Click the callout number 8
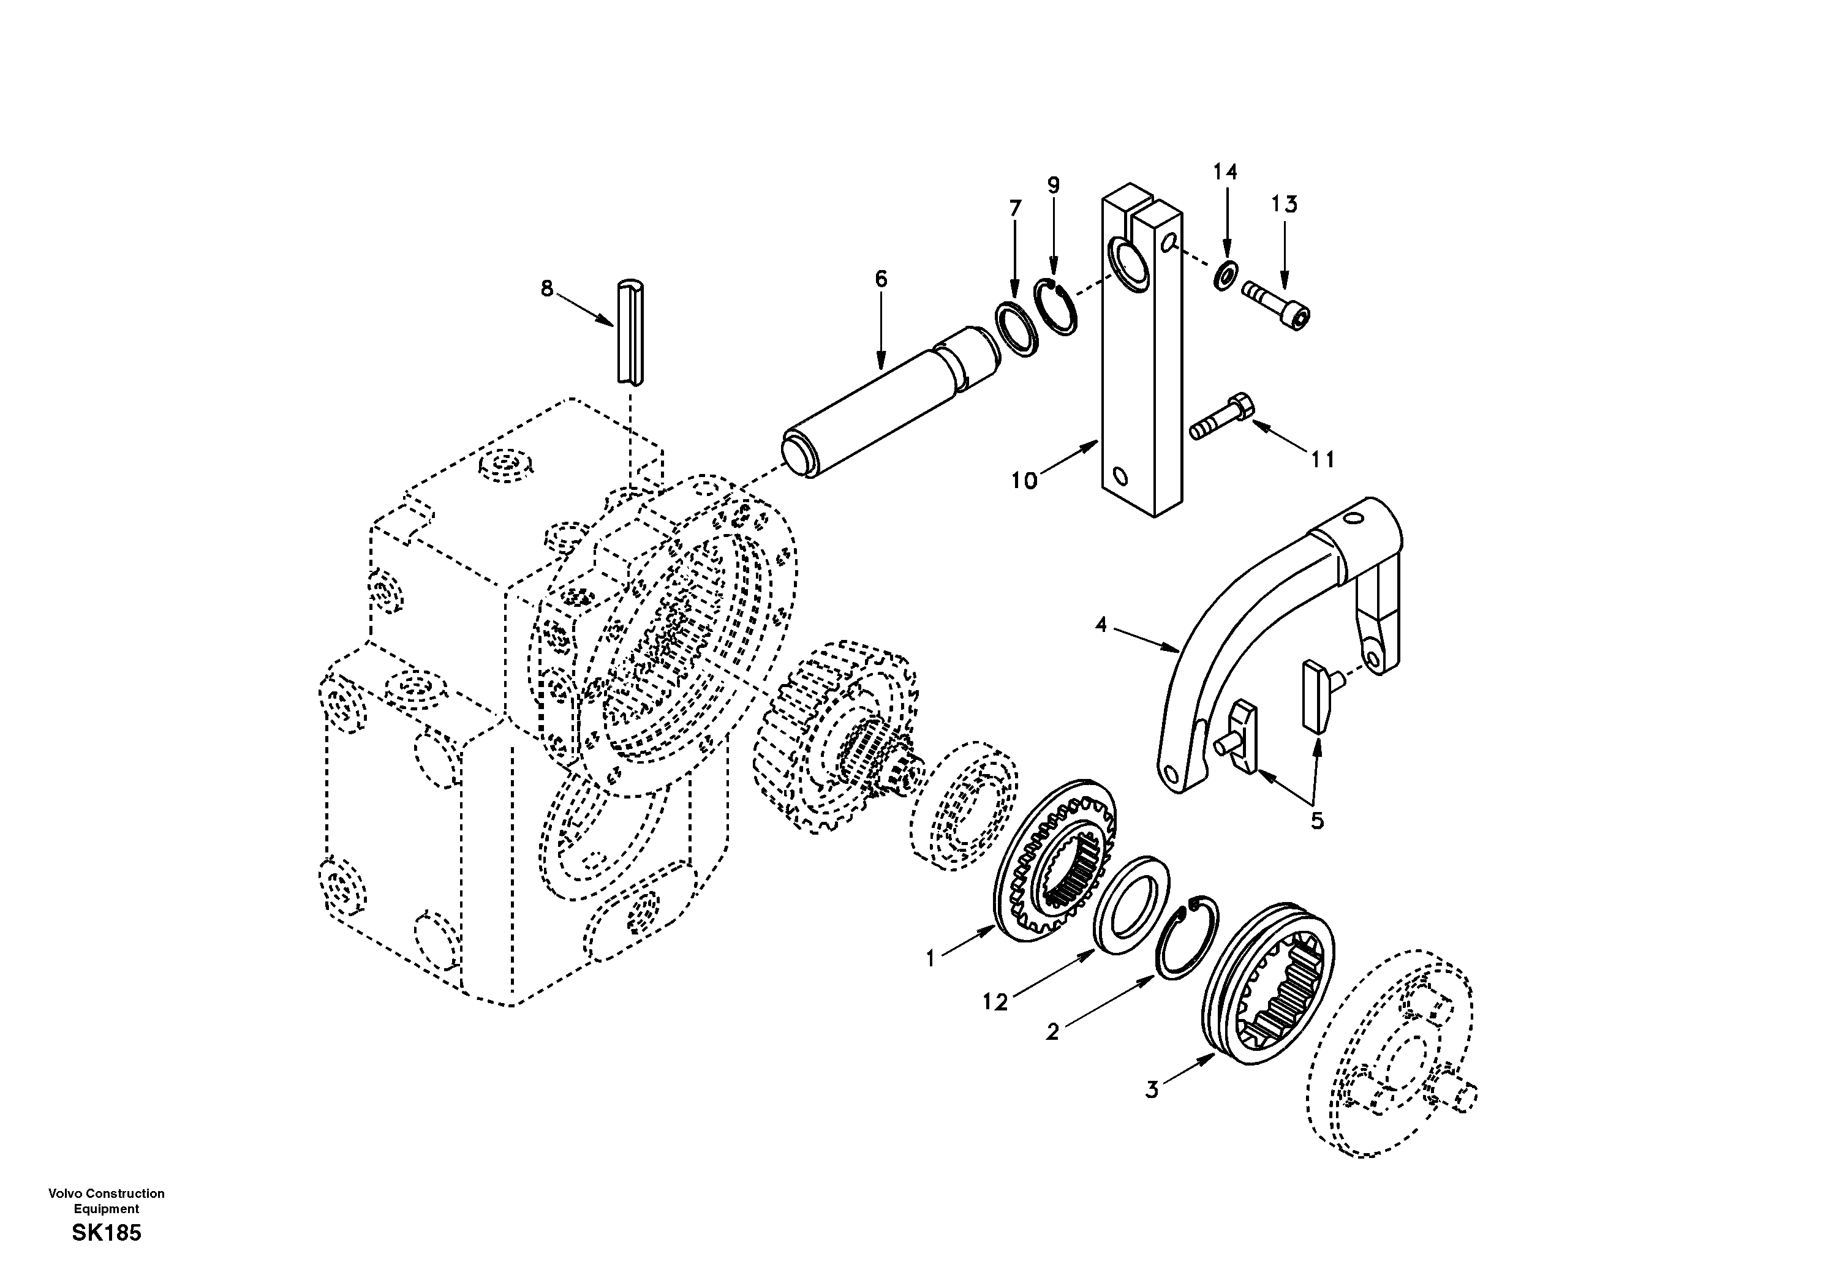point(546,289)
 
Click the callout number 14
point(1225,172)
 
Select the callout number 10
point(1024,480)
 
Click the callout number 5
point(1317,821)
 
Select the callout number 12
point(995,1002)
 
